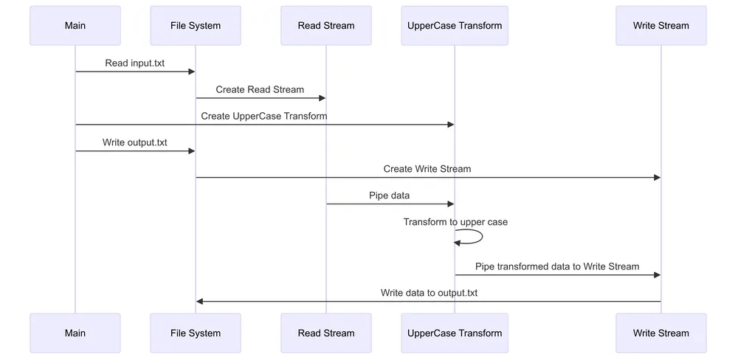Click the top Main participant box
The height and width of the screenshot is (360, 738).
point(75,26)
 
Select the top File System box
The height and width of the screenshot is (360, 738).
point(195,26)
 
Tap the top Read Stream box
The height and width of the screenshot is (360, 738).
point(325,26)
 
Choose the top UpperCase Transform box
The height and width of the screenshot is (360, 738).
point(454,26)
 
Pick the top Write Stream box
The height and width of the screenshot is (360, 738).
point(661,26)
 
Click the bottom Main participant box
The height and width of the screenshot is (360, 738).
point(75,333)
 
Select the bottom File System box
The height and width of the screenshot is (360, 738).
point(195,333)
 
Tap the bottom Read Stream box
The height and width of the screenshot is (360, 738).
point(325,333)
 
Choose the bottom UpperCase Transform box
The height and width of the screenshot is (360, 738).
point(454,333)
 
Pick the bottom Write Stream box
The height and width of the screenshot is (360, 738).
point(661,333)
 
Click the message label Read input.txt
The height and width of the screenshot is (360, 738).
point(134,63)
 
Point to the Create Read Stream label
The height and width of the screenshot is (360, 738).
point(260,90)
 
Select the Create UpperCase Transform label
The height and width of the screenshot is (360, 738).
point(264,117)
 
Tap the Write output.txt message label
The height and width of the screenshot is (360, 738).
point(134,142)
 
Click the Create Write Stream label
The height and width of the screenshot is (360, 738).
point(427,169)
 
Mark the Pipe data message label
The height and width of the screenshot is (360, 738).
point(389,195)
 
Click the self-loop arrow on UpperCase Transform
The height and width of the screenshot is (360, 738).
point(480,236)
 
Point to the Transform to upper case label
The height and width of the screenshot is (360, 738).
point(455,222)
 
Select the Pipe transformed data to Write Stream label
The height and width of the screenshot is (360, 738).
point(557,266)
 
